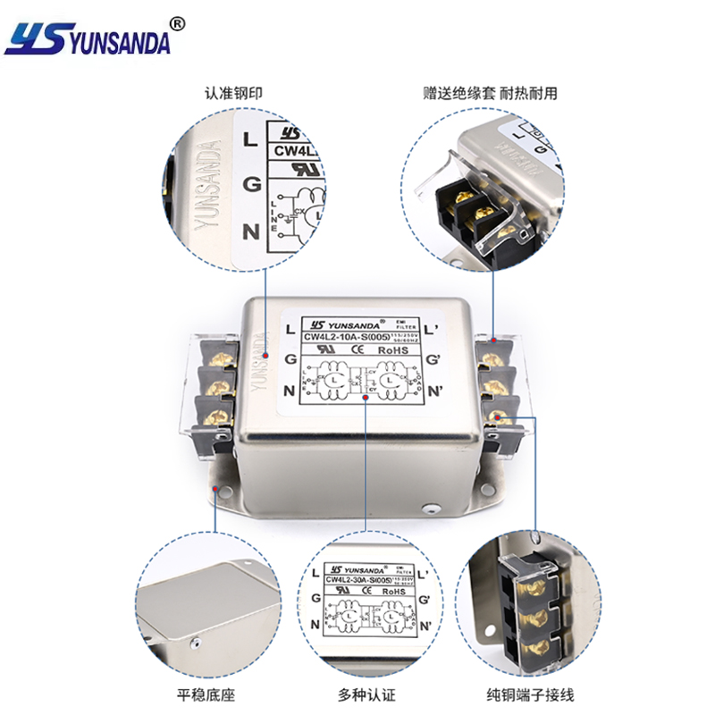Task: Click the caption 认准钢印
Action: coord(234,93)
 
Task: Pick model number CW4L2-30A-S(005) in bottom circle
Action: coord(358,579)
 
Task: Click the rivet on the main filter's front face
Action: coord(433,510)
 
